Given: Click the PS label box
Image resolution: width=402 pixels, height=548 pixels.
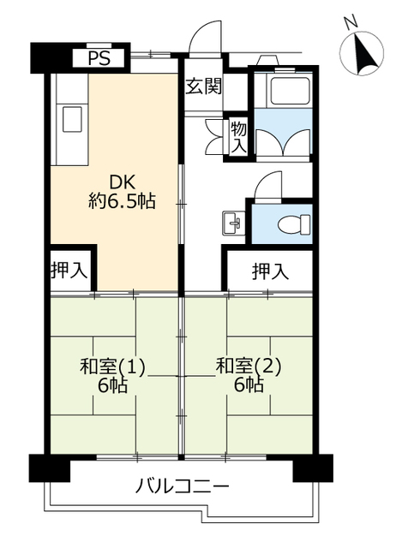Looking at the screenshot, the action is coord(99,58).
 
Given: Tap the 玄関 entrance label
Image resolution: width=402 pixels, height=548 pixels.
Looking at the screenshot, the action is coord(203,86).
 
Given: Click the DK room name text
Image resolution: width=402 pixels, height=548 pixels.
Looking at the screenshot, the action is coord(122,182).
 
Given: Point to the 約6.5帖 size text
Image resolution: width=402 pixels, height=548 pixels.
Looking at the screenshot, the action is coord(122,201).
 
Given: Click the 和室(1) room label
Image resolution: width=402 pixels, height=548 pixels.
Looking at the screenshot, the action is coord(112,366).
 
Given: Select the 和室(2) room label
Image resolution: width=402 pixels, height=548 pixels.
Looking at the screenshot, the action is coord(249,366).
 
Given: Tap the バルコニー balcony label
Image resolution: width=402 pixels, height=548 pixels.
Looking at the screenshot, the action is coord(182,485).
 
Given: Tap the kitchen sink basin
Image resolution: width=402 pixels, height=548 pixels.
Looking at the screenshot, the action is coord(72,120).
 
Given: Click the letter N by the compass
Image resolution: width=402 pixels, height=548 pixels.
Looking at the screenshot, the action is coord(351,23).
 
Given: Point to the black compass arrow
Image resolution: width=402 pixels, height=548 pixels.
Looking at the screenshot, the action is coord(366,52).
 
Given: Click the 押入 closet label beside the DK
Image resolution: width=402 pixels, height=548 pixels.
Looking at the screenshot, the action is coord(69,271).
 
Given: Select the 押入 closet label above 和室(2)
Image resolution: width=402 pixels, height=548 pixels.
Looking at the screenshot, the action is coord(271,271).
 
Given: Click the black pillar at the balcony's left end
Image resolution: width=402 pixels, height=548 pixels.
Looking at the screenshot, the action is coord(50,468).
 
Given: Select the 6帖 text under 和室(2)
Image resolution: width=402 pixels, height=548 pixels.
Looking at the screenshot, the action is coord(249,385).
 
